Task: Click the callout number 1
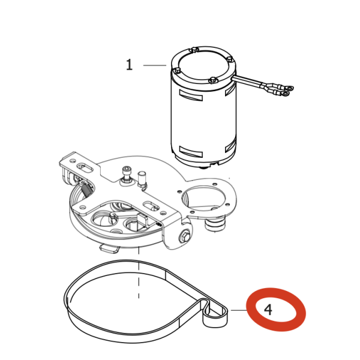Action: tap(130, 65)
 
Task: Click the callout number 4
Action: tap(268, 310)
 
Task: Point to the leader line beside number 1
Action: tap(155, 65)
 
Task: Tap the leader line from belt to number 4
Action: tap(239, 310)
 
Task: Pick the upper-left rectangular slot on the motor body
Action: tap(191, 96)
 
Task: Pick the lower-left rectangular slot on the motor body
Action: tap(191, 152)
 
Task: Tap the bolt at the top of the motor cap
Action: tap(194, 50)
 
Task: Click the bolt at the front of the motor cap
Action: tap(213, 80)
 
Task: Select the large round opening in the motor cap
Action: tap(203, 65)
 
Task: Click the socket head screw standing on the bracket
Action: tap(126, 175)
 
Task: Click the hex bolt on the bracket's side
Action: tap(184, 237)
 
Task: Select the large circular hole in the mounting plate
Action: tap(202, 198)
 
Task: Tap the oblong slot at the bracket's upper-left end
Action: tap(85, 167)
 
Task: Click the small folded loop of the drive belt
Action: tap(215, 313)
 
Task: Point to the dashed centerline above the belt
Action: tap(139, 272)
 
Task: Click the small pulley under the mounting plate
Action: tap(215, 223)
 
